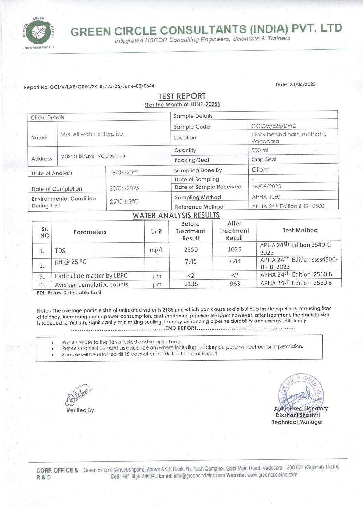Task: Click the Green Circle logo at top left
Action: [x=38, y=33]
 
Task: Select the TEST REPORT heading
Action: [x=182, y=96]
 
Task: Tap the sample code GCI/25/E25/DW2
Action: [x=273, y=126]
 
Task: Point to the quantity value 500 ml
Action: [x=260, y=150]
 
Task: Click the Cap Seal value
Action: [x=264, y=159]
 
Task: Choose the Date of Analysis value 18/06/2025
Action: [x=124, y=173]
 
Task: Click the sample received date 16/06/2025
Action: [x=266, y=186]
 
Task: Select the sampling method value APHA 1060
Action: [x=266, y=197]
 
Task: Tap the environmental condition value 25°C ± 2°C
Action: [x=124, y=201]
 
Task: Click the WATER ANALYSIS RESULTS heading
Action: [x=176, y=216]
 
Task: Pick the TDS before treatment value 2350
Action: [x=191, y=250]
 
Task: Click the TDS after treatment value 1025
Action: [x=235, y=249]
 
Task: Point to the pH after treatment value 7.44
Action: [x=235, y=261]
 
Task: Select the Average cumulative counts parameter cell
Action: [x=91, y=285]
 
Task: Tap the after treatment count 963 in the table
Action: [x=235, y=284]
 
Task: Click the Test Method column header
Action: [x=300, y=230]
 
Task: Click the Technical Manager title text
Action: [x=297, y=422]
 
